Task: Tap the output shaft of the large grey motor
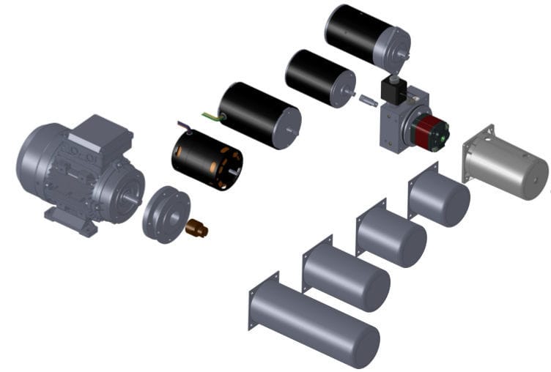point(131,197)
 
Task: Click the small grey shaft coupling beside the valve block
point(367,100)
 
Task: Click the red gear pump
point(432,130)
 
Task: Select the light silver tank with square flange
point(506,164)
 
